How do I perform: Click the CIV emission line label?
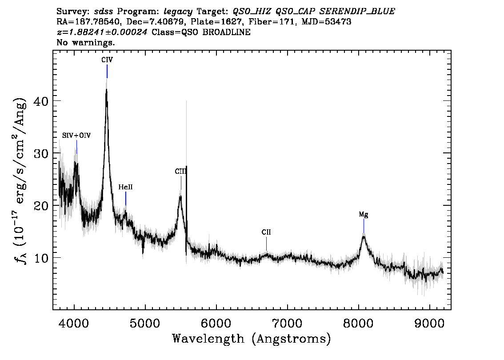(x=107, y=60)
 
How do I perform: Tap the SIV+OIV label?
(x=76, y=136)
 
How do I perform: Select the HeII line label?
(x=125, y=187)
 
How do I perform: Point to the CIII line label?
(x=180, y=172)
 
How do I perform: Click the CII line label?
(x=266, y=232)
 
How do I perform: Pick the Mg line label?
(x=364, y=214)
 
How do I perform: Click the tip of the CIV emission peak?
(x=106, y=89)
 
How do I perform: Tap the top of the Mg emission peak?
(x=364, y=236)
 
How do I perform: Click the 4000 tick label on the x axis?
(x=74, y=323)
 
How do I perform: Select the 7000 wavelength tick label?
(x=288, y=323)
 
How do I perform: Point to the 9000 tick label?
(x=430, y=323)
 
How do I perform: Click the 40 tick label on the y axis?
(x=41, y=101)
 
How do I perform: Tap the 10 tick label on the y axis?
(x=41, y=258)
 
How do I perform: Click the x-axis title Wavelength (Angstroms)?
(x=252, y=339)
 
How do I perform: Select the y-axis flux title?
(x=20, y=180)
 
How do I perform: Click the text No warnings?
(x=85, y=42)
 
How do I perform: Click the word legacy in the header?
(x=178, y=12)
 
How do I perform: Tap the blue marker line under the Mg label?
(x=364, y=226)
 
